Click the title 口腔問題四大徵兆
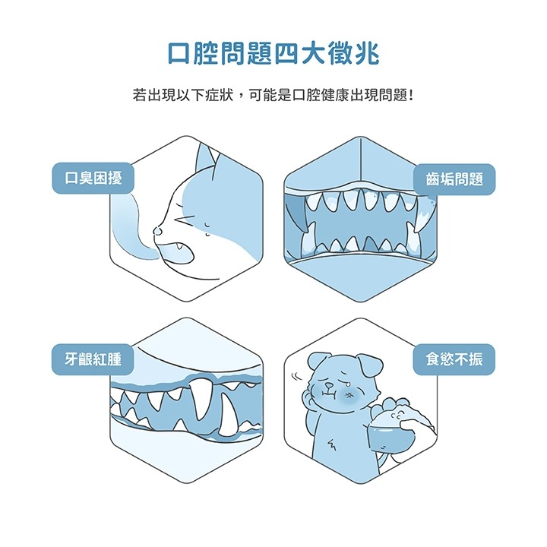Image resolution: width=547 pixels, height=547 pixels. coord(273,54)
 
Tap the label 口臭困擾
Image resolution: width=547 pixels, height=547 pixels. coord(93,178)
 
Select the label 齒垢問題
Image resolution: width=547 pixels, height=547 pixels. coord(454,179)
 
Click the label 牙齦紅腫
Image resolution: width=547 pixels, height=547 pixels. coord(93,359)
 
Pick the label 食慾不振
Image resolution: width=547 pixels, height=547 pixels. coord(454,359)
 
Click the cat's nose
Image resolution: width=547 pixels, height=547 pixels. coord(158,230)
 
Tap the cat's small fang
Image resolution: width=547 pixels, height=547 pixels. coord(180,246)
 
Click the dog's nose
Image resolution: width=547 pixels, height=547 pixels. coord(329,385)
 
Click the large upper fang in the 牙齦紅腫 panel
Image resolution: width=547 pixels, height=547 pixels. coord(201,397)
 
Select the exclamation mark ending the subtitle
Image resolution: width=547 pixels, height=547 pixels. coord(412,95)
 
